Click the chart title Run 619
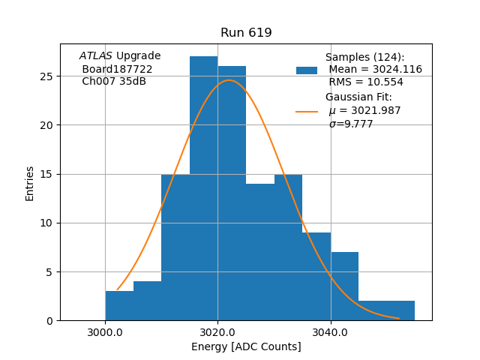[x=246, y=33]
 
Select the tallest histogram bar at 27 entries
[x=203, y=187]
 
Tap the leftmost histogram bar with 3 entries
[x=119, y=306]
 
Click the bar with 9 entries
[x=316, y=277]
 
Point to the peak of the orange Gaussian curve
[x=229, y=80]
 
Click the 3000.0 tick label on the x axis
[x=105, y=332]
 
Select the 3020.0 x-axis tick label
[x=217, y=332]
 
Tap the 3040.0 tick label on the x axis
[x=330, y=332]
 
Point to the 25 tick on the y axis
[x=48, y=76]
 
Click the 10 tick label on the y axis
[x=48, y=223]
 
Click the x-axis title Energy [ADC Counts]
[x=246, y=346]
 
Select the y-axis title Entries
[x=30, y=184]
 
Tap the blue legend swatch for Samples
[x=307, y=70]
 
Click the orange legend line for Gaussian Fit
[x=307, y=111]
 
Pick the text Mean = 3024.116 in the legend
[x=375, y=70]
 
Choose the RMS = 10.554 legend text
[x=366, y=82]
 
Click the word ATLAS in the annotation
[x=96, y=56]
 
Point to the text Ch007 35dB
[x=114, y=82]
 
